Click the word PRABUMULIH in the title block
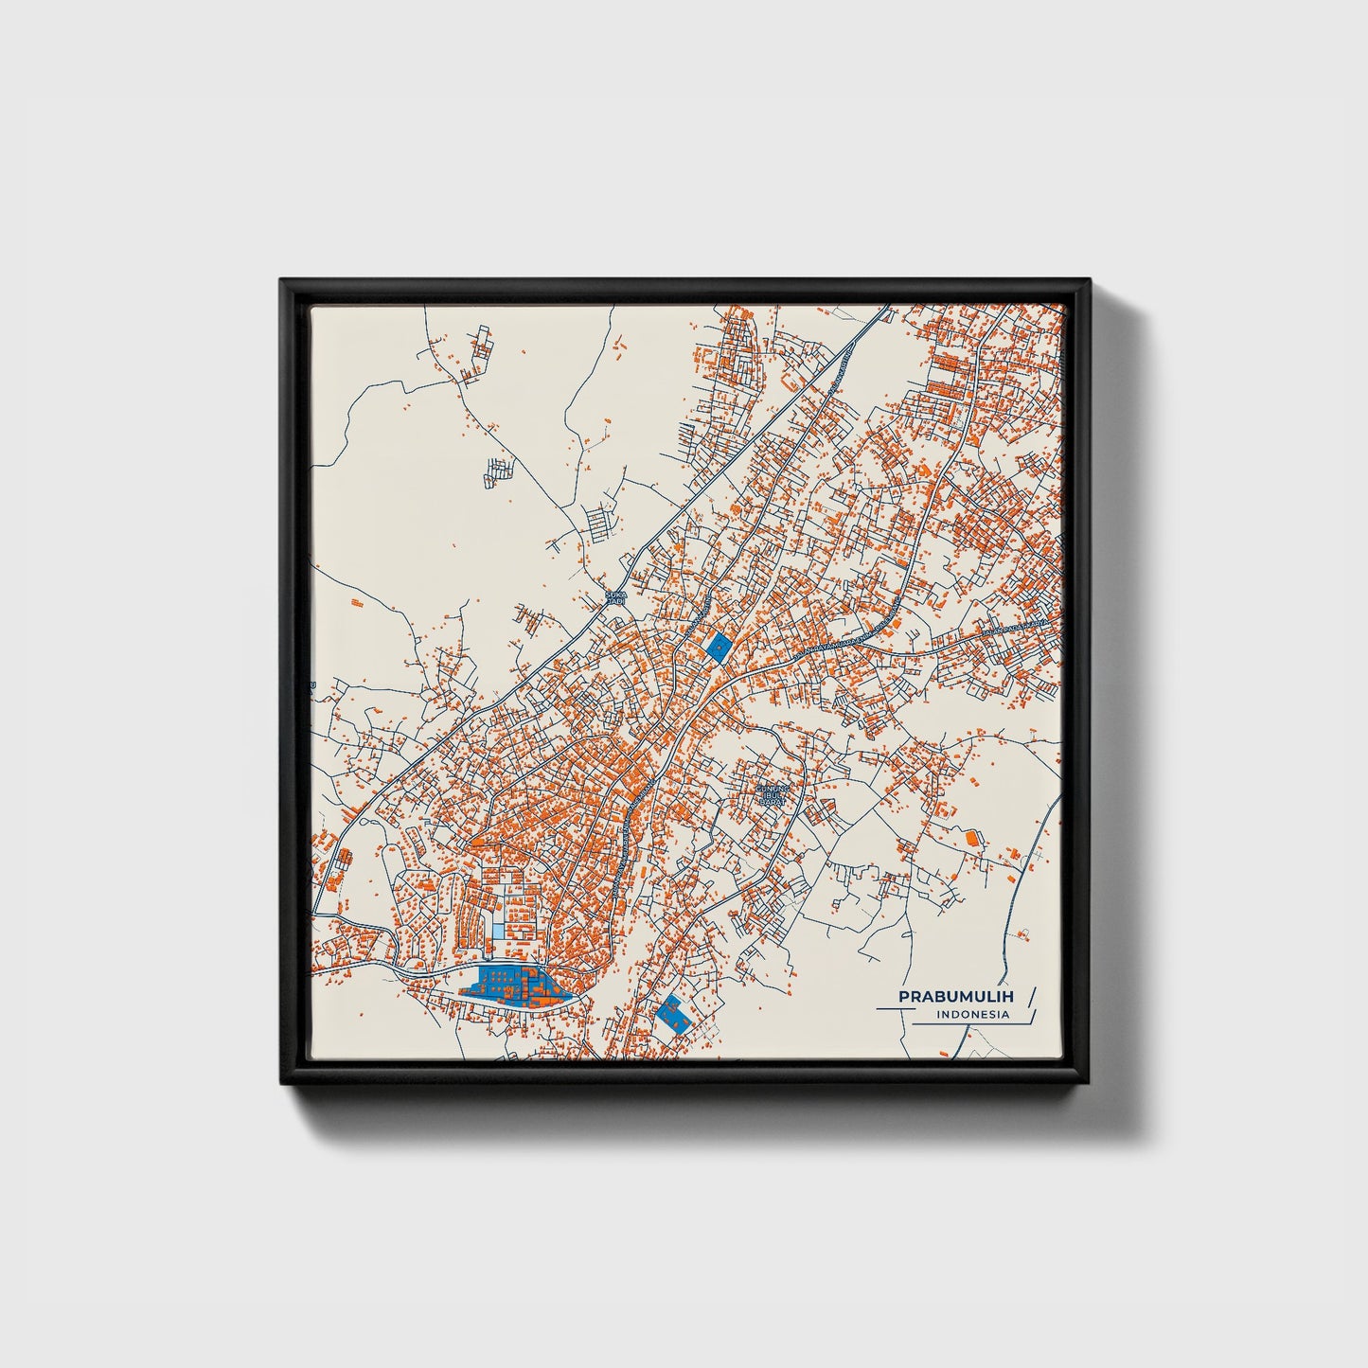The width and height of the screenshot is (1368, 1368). tap(955, 997)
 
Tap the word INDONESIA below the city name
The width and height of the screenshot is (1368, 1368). tap(971, 1015)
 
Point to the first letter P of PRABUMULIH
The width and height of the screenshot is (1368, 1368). tap(903, 997)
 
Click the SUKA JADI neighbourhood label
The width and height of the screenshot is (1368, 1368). tap(615, 598)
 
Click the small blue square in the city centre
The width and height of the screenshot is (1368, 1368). tap(719, 647)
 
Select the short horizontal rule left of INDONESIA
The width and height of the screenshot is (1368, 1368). tap(895, 1010)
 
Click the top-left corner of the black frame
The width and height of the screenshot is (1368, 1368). tap(282, 280)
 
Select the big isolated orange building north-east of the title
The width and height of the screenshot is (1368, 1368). tap(970, 837)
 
